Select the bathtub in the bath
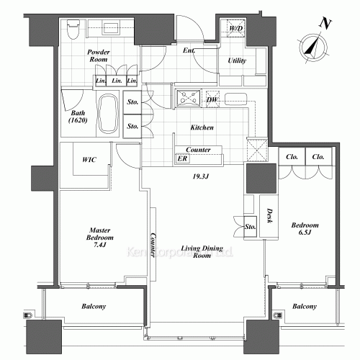point(109,114)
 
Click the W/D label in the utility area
point(237,29)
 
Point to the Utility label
point(237,61)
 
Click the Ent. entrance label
point(190,50)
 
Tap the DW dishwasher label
point(212,99)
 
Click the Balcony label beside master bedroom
point(91,307)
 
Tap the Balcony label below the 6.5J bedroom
point(305,307)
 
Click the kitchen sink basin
point(235,99)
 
